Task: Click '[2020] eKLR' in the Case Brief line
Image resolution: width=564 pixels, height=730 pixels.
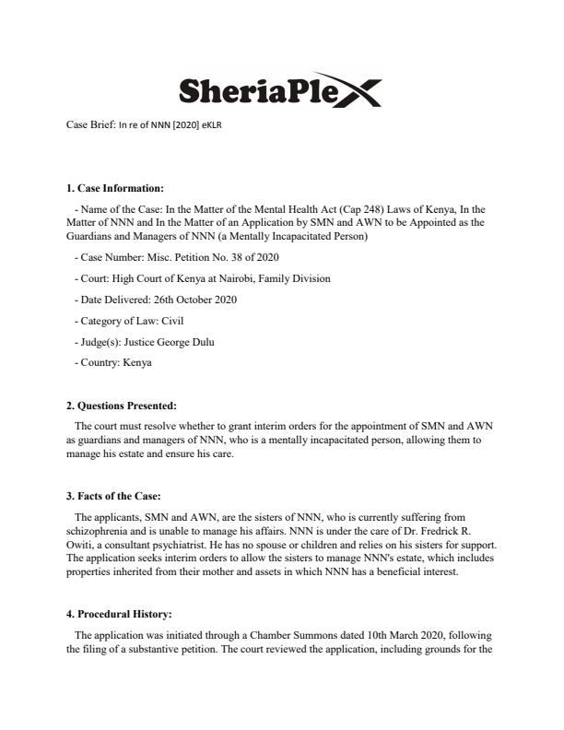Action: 198,125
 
